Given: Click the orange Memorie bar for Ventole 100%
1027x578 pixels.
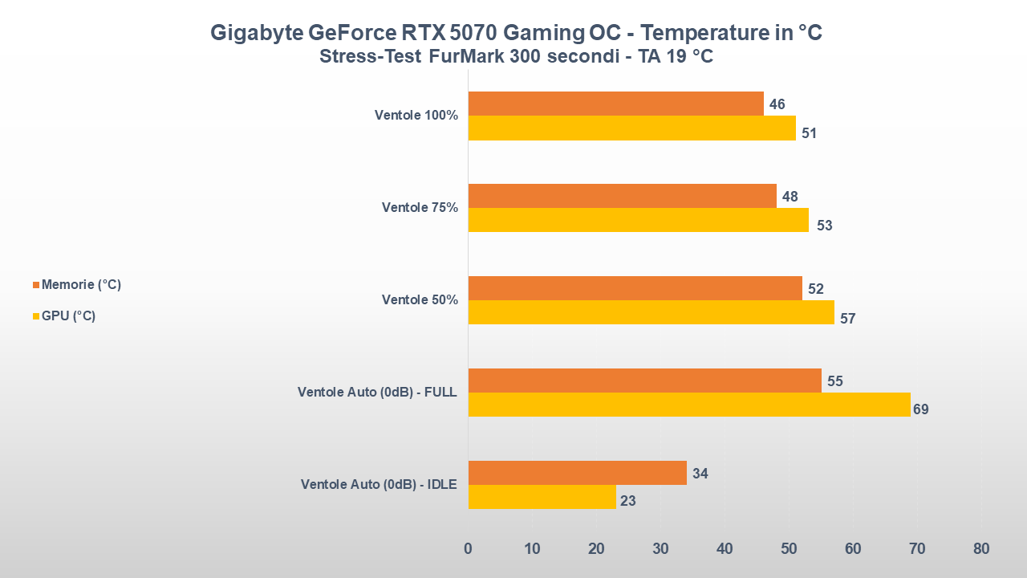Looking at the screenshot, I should [x=615, y=104].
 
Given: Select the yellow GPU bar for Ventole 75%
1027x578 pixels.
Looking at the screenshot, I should [x=638, y=220].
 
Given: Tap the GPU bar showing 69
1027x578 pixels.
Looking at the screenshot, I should [x=689, y=405].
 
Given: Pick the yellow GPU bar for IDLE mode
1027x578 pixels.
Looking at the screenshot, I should [x=542, y=497].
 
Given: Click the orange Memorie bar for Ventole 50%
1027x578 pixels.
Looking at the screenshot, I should [x=635, y=288].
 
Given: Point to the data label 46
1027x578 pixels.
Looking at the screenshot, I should [x=777, y=104].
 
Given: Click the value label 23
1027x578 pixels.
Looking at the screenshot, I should [x=628, y=501].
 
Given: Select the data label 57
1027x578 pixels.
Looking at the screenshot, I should [x=847, y=319].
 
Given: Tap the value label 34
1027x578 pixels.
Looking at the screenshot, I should [x=700, y=474].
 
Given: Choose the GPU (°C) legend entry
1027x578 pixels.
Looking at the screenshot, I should [x=67, y=316].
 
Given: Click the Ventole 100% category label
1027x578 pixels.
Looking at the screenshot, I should [x=416, y=116].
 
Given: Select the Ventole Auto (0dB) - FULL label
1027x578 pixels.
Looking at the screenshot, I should [x=376, y=393].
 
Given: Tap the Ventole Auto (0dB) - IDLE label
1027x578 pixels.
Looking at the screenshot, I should [x=379, y=485].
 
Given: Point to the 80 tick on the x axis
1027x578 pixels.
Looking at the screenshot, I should [x=980, y=549].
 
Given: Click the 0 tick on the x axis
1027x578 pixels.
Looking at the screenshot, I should [x=468, y=549].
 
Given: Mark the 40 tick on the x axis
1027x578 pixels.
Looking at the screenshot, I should [x=725, y=549].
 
